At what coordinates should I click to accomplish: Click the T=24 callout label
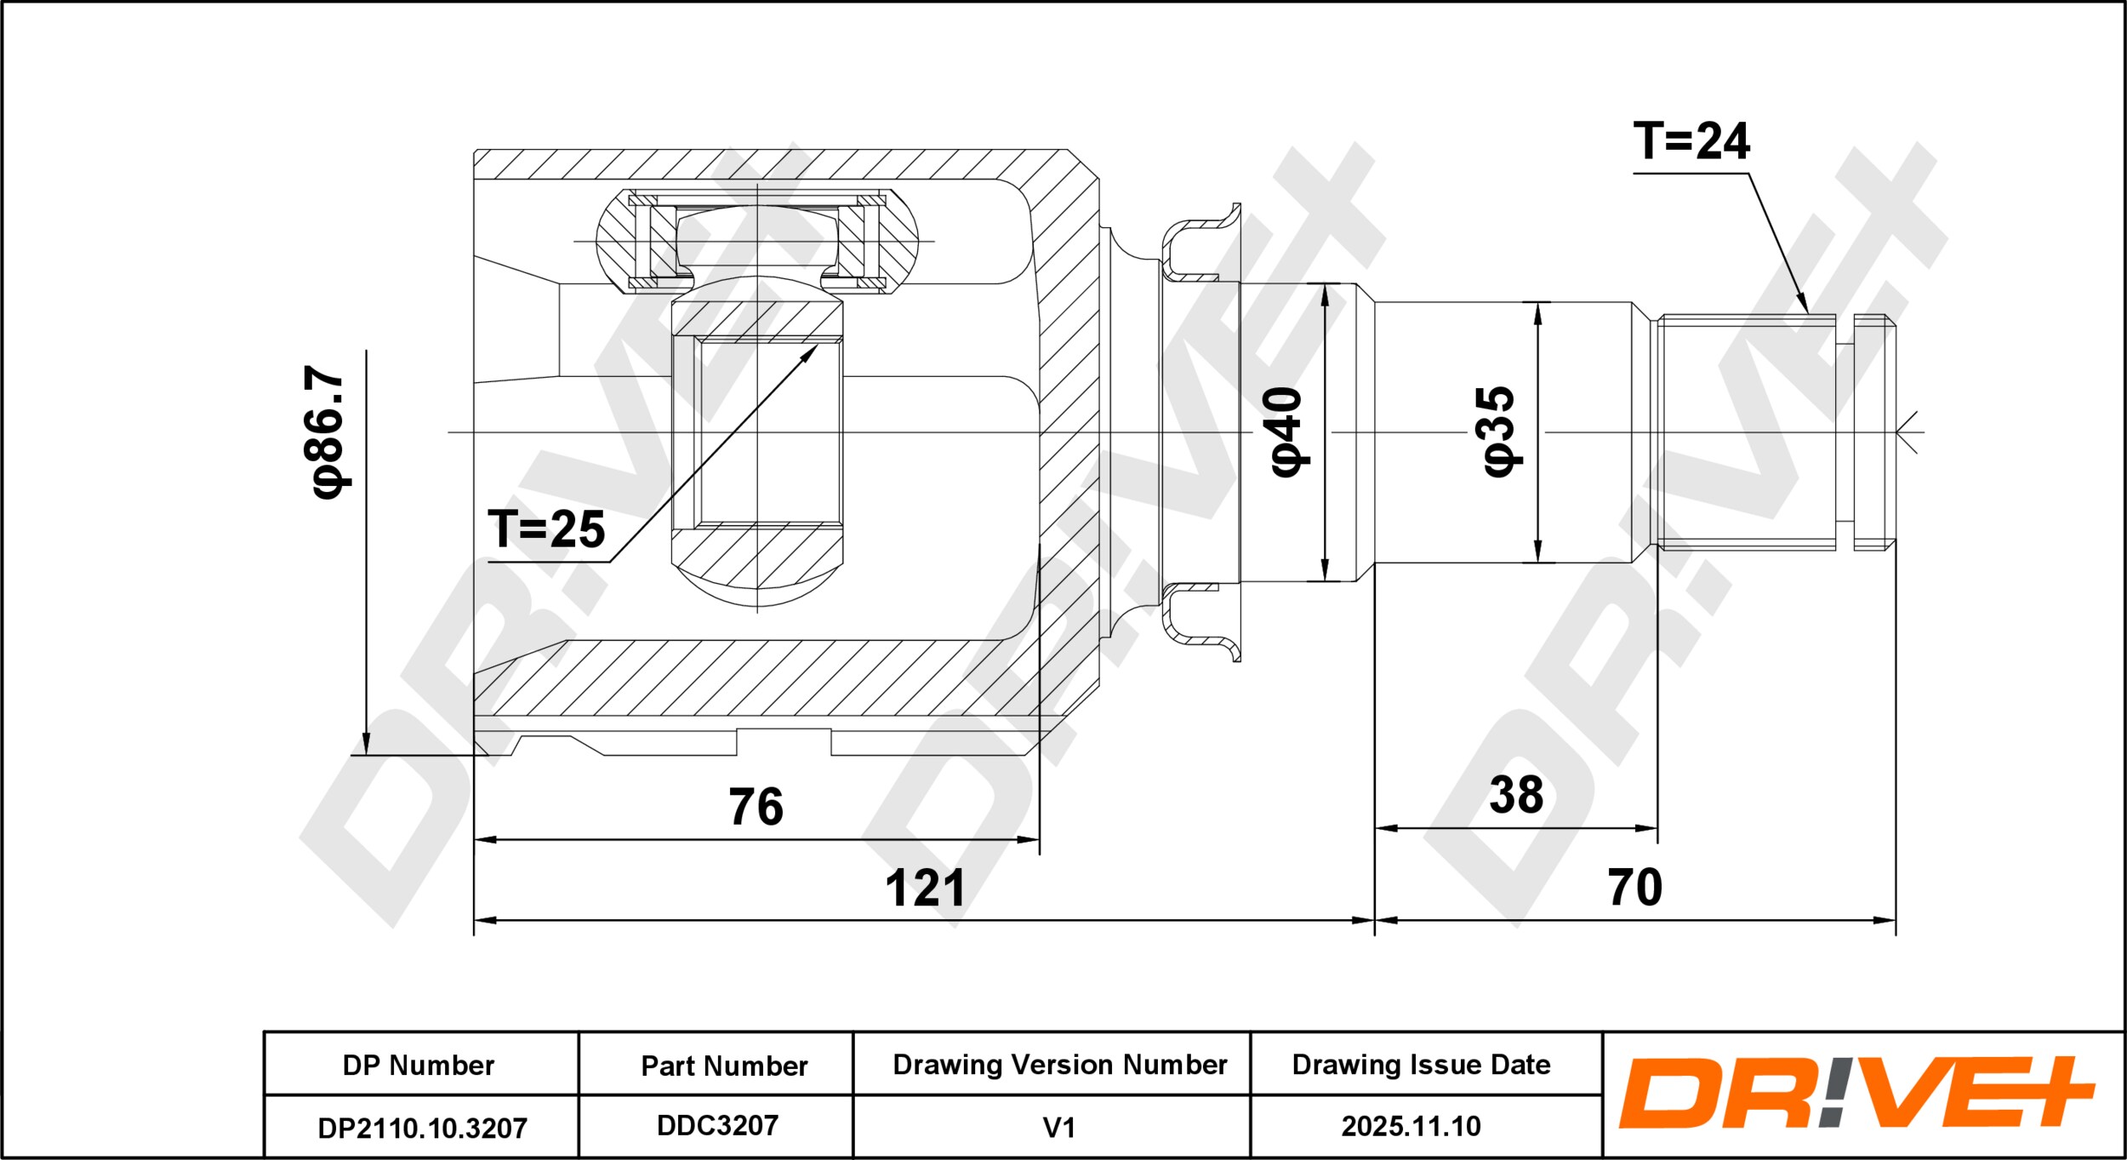pyautogui.click(x=1691, y=141)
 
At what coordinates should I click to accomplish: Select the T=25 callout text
pyautogui.click(x=546, y=529)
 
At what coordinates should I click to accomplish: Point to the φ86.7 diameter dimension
pyautogui.click(x=328, y=432)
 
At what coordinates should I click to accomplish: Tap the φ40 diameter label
pyautogui.click(x=1286, y=431)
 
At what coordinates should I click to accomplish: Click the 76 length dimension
pyautogui.click(x=756, y=807)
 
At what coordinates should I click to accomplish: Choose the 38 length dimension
pyautogui.click(x=1516, y=795)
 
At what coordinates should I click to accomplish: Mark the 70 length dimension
pyautogui.click(x=1634, y=888)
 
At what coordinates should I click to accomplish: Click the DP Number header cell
pyautogui.click(x=419, y=1066)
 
